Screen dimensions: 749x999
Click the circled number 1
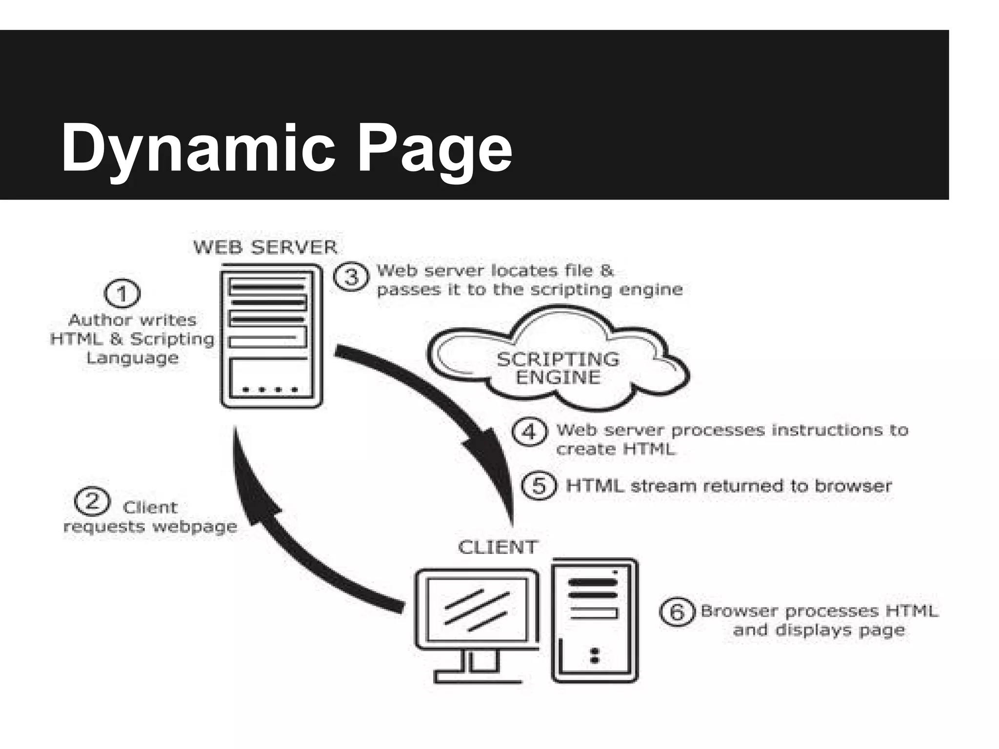click(122, 294)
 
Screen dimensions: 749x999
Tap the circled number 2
click(92, 501)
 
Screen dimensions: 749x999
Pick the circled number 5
click(539, 486)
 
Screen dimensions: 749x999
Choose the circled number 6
click(677, 611)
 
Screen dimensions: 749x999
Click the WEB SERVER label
click(265, 247)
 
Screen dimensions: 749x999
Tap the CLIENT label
click(498, 547)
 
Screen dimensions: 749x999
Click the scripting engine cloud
click(558, 361)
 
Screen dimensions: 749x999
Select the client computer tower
click(595, 620)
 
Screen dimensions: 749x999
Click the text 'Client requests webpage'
click(150, 517)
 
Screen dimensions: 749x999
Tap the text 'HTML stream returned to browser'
click(729, 486)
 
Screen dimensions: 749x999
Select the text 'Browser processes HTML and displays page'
click(819, 620)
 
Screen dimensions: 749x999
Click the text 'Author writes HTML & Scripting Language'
click(133, 339)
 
